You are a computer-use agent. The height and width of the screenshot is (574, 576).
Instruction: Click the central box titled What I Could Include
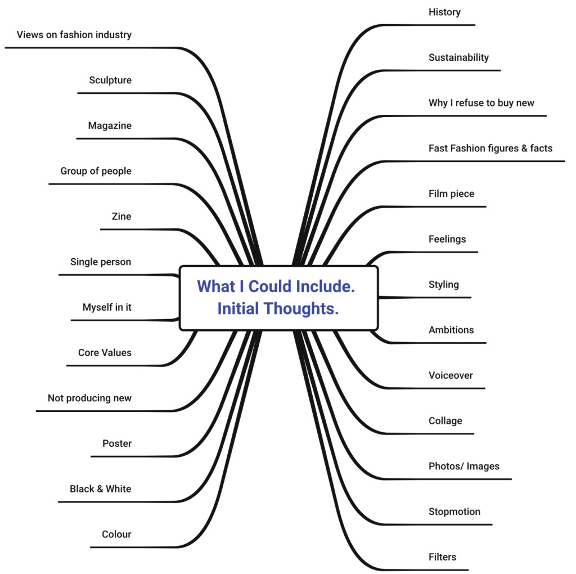point(278,298)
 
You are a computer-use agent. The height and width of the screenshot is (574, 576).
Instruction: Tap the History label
point(444,12)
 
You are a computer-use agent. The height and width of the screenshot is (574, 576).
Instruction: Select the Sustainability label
point(458,57)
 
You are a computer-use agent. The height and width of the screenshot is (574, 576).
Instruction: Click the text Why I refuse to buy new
point(481,103)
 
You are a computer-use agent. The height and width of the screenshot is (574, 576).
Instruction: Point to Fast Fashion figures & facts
point(490,149)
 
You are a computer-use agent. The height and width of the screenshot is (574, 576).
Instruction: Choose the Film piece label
point(451,194)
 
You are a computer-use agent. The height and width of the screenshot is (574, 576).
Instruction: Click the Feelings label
point(447,239)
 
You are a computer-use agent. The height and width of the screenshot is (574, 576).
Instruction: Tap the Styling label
point(443,285)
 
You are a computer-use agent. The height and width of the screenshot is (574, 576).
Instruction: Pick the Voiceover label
point(451,375)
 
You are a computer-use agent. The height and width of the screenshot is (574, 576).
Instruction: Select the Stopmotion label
point(454,512)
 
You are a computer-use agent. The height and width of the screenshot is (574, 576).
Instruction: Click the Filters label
point(442,557)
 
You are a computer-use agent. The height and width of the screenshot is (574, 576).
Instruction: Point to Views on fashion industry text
point(74,35)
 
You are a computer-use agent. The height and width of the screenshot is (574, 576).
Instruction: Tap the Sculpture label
point(110,80)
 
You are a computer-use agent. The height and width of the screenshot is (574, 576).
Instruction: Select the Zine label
point(121,217)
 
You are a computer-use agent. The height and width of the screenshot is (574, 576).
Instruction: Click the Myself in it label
point(107,307)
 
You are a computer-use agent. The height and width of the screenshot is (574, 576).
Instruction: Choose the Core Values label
point(105,353)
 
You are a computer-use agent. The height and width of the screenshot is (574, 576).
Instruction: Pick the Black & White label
point(100,489)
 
